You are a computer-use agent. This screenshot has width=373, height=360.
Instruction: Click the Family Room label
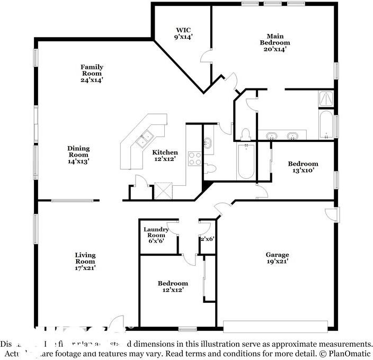click(92, 74)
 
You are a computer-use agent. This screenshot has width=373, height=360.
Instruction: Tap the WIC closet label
click(184, 33)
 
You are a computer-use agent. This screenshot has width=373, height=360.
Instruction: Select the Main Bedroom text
click(274, 42)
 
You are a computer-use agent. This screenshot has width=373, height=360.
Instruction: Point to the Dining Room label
click(78, 155)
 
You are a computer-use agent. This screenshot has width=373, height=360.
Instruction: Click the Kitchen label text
click(165, 156)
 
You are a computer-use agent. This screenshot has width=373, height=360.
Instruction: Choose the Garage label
click(277, 258)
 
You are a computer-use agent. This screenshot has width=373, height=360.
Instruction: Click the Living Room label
click(85, 261)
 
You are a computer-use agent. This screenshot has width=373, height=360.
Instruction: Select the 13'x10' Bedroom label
click(303, 167)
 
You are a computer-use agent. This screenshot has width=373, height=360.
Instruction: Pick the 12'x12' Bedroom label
click(173, 287)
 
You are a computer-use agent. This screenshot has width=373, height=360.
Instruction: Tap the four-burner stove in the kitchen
click(195, 159)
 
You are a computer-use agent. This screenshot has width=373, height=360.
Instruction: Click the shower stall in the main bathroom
click(325, 99)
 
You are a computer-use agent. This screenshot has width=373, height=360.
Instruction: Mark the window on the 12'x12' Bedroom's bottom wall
click(186, 329)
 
